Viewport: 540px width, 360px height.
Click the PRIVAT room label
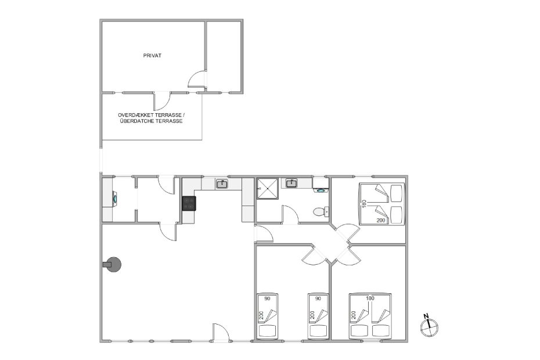tap(152, 56)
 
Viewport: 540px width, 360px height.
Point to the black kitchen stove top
tap(189, 203)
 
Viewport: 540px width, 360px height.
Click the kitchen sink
tap(222, 184)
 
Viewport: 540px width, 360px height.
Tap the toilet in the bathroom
tap(321, 212)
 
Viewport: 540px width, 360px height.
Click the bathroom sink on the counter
tap(292, 183)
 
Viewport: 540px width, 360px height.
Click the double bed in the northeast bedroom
tap(381, 204)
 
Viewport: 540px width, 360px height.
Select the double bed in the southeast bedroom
tap(370, 316)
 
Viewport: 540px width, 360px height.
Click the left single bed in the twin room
tap(267, 316)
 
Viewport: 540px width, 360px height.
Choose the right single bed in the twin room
tap(318, 316)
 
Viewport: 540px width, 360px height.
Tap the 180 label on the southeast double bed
tap(370, 298)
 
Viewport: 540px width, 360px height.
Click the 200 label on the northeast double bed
tap(381, 220)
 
